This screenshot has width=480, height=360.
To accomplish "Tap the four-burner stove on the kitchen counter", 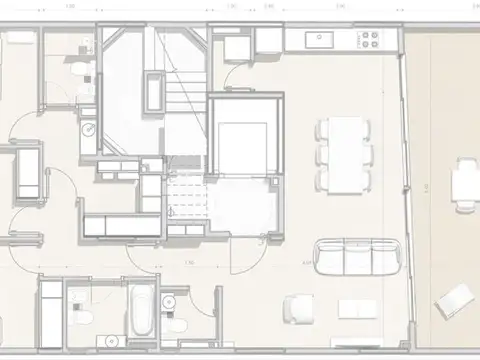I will point(369,40).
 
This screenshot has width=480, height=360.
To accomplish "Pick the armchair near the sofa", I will point(297,309).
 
